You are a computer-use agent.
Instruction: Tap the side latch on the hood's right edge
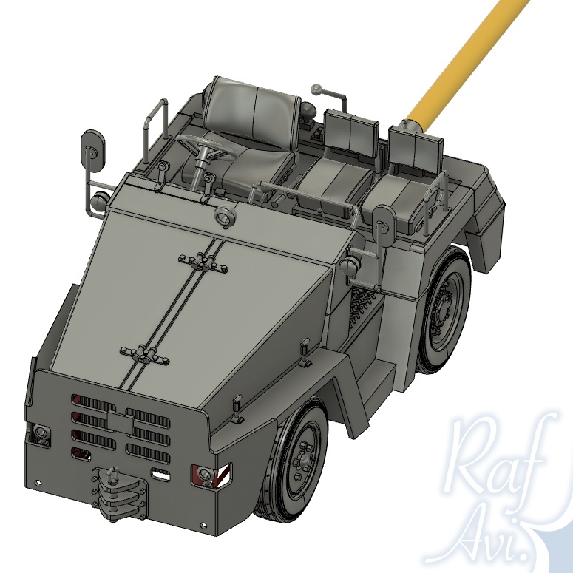click(304, 346)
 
